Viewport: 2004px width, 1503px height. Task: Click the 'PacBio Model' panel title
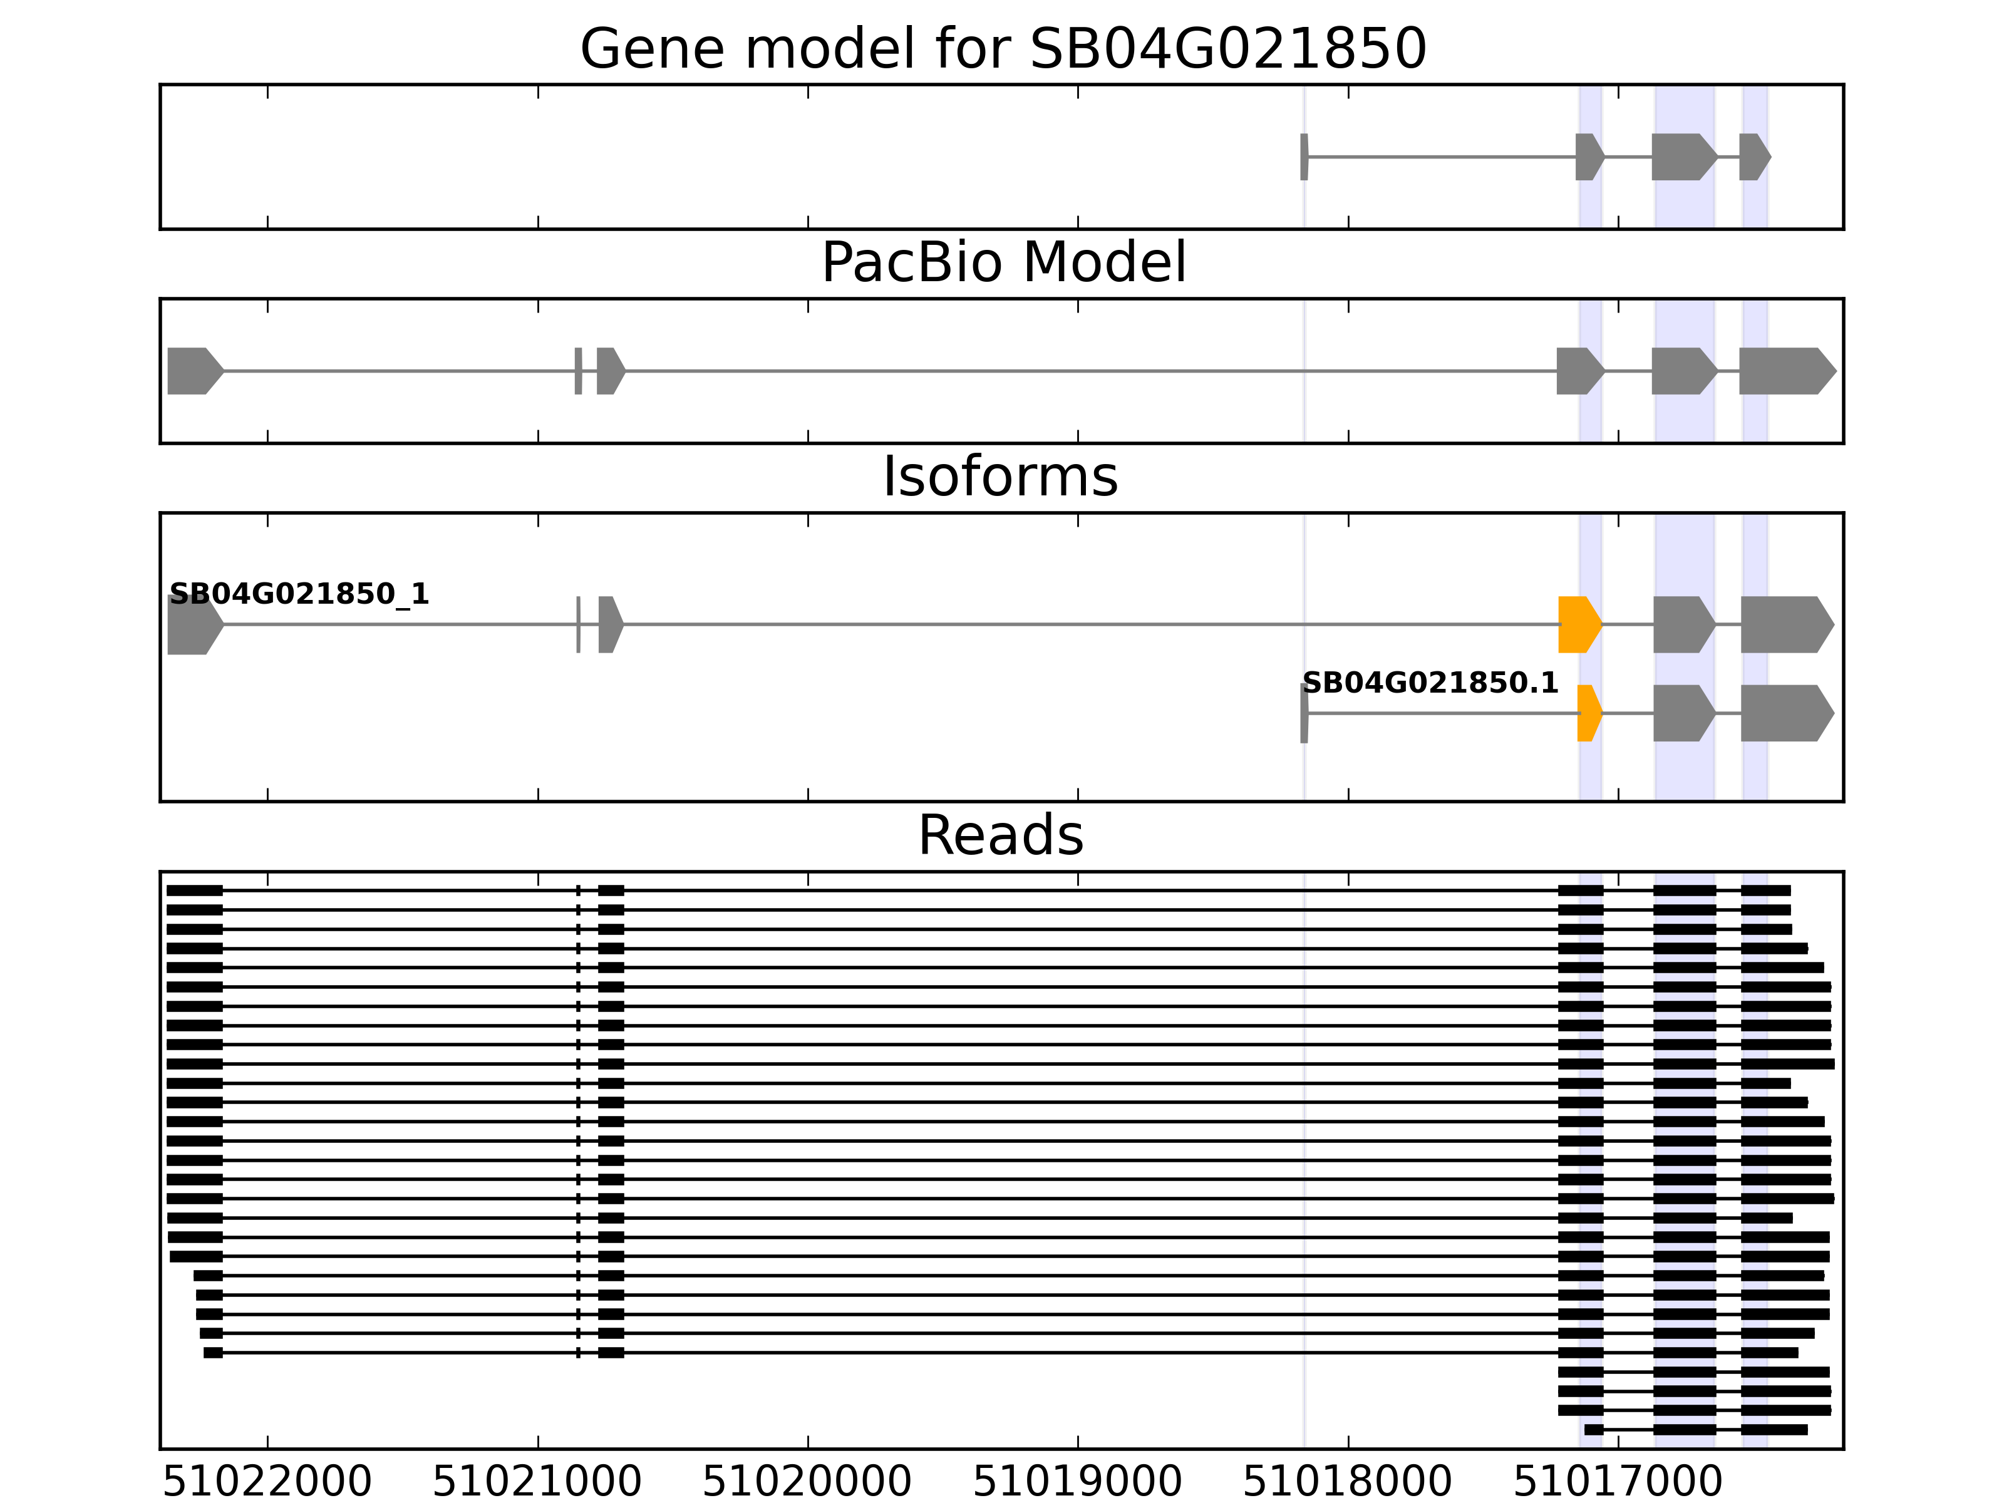pyautogui.click(x=1002, y=263)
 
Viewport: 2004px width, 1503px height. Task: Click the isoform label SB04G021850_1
pyautogui.click(x=299, y=594)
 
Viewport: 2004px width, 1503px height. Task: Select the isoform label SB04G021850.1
pyautogui.click(x=1430, y=683)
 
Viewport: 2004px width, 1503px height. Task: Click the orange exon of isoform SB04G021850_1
pyautogui.click(x=1578, y=624)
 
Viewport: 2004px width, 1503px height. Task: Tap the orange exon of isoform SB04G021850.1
pyautogui.click(x=1588, y=713)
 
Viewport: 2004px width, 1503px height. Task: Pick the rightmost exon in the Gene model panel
pyautogui.click(x=1753, y=157)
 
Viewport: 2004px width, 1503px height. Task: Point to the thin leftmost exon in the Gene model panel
pyautogui.click(x=1304, y=157)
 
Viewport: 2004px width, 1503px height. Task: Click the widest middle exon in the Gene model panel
pyautogui.click(x=1682, y=157)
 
